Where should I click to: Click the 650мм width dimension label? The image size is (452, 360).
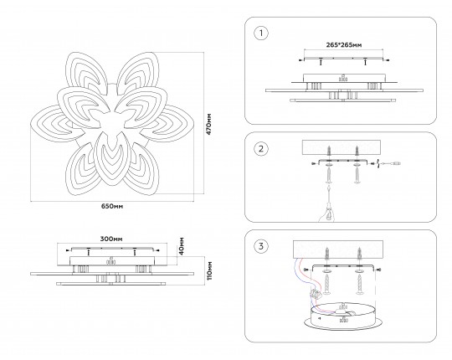click(x=112, y=207)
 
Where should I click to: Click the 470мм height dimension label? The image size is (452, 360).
click(x=209, y=124)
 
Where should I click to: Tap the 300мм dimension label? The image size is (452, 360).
click(x=111, y=239)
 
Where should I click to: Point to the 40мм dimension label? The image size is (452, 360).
click(x=182, y=246)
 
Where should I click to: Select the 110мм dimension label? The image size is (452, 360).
click(x=209, y=270)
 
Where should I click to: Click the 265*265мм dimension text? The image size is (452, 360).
click(x=344, y=45)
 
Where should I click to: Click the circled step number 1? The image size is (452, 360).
click(x=261, y=33)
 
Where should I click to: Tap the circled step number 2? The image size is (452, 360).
click(x=261, y=149)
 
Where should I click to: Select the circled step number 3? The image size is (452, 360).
click(x=261, y=246)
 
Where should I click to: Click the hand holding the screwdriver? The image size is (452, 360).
click(x=327, y=213)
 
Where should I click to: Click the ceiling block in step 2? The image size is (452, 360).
click(x=342, y=147)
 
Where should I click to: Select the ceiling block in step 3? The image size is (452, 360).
click(x=338, y=249)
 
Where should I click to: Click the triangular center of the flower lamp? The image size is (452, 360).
click(x=110, y=122)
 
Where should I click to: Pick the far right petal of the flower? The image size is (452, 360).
click(x=170, y=123)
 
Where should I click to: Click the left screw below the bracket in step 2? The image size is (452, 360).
click(x=329, y=175)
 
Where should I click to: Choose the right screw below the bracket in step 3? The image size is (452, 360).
click(x=359, y=284)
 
